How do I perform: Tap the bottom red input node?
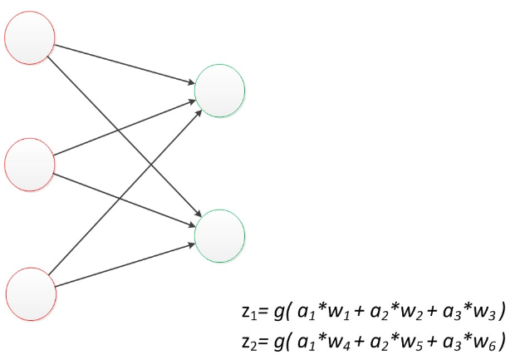click(x=30, y=292)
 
